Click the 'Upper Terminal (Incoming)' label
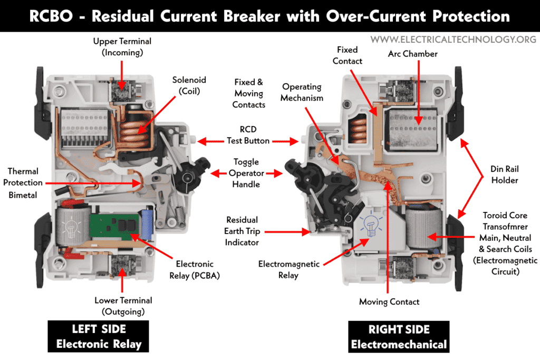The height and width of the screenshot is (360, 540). coord(122,46)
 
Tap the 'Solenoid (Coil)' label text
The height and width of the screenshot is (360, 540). coord(189,85)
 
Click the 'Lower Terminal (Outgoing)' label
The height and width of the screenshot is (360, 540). coord(123,306)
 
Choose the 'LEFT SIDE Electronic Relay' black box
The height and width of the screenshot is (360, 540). coord(99,336)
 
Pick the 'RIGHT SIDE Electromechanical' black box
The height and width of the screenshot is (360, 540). coord(399,336)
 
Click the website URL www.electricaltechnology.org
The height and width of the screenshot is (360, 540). coord(453,40)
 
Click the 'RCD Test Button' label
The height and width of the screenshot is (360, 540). coord(248,135)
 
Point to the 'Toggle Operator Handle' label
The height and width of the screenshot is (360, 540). coord(246,173)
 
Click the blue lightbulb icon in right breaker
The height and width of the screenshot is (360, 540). coord(371,226)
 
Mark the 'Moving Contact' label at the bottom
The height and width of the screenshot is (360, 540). coord(389,301)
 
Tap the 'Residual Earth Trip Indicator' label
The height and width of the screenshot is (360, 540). coord(242,231)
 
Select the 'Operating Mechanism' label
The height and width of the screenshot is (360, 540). coord(301,92)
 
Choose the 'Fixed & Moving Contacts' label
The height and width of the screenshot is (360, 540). coord(248,93)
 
